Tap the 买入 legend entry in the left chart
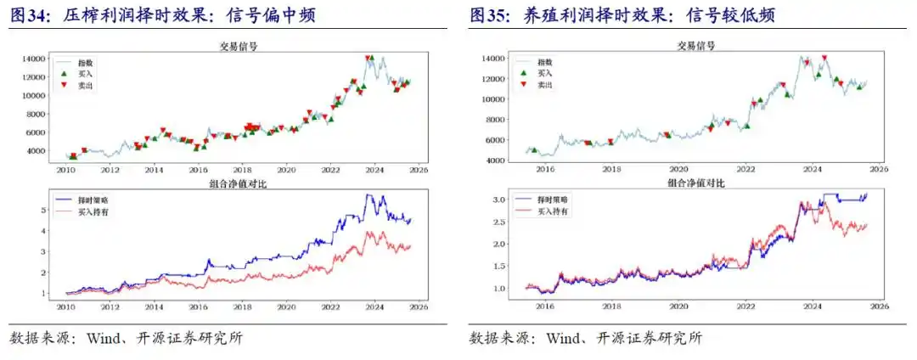point(84,74)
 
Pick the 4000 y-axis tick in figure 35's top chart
point(496,160)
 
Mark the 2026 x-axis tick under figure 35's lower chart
point(879,306)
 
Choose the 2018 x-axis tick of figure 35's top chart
point(611,168)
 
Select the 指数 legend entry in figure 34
point(84,63)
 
